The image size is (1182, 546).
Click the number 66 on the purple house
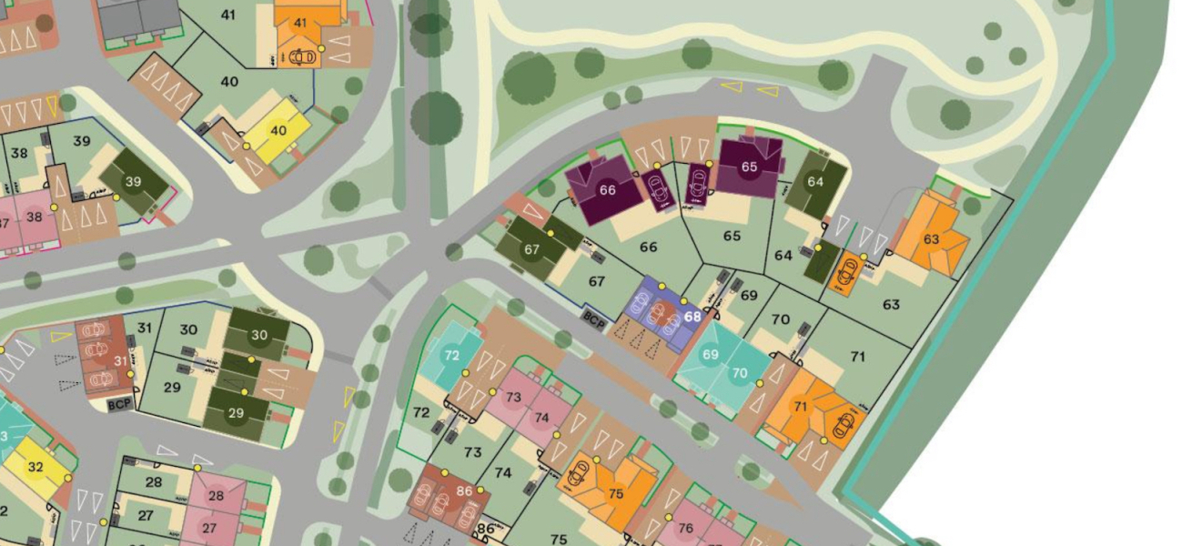(607, 190)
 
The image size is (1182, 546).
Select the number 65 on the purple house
(749, 167)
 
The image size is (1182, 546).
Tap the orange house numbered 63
(931, 239)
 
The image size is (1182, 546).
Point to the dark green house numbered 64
(815, 182)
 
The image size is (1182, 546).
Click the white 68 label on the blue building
(692, 317)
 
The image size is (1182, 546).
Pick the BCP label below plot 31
(119, 404)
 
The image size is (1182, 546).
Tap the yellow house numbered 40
(278, 130)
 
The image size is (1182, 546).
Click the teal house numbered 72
(452, 355)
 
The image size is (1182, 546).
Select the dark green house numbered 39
(134, 182)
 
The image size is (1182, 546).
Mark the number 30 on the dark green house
(259, 335)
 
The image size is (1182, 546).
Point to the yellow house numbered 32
(35, 468)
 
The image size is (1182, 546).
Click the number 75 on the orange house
(616, 494)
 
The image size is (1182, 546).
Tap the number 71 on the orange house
(801, 406)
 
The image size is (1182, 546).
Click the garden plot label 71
(857, 357)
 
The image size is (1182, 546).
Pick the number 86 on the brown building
(465, 491)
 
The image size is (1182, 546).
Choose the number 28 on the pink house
(216, 496)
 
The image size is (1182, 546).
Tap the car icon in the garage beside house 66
(656, 188)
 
